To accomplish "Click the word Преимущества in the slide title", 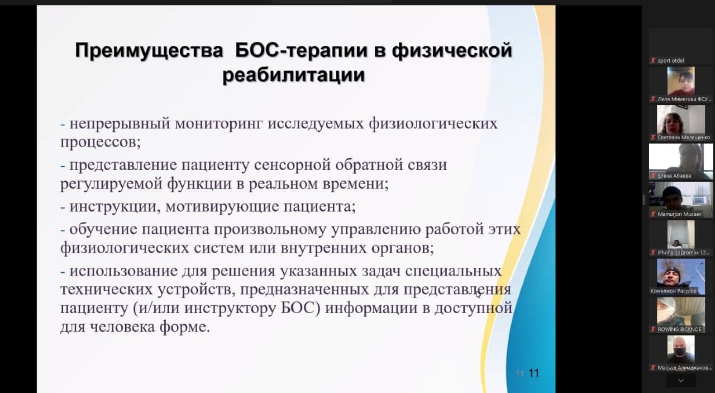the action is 149,51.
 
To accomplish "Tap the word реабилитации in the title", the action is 294,75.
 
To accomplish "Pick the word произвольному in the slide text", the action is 270,230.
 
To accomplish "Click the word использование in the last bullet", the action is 123,271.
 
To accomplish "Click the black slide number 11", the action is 533,373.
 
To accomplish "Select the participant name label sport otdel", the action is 671,61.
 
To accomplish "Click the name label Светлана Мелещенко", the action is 684,138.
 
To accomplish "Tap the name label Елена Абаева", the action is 674,176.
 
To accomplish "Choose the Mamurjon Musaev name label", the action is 679,214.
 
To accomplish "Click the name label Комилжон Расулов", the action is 674,291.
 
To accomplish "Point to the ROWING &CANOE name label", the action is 679,329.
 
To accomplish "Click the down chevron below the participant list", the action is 681,381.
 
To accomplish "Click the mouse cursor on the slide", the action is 478,294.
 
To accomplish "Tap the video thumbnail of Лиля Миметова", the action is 681,81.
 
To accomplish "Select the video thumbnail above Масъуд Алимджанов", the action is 681,349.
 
